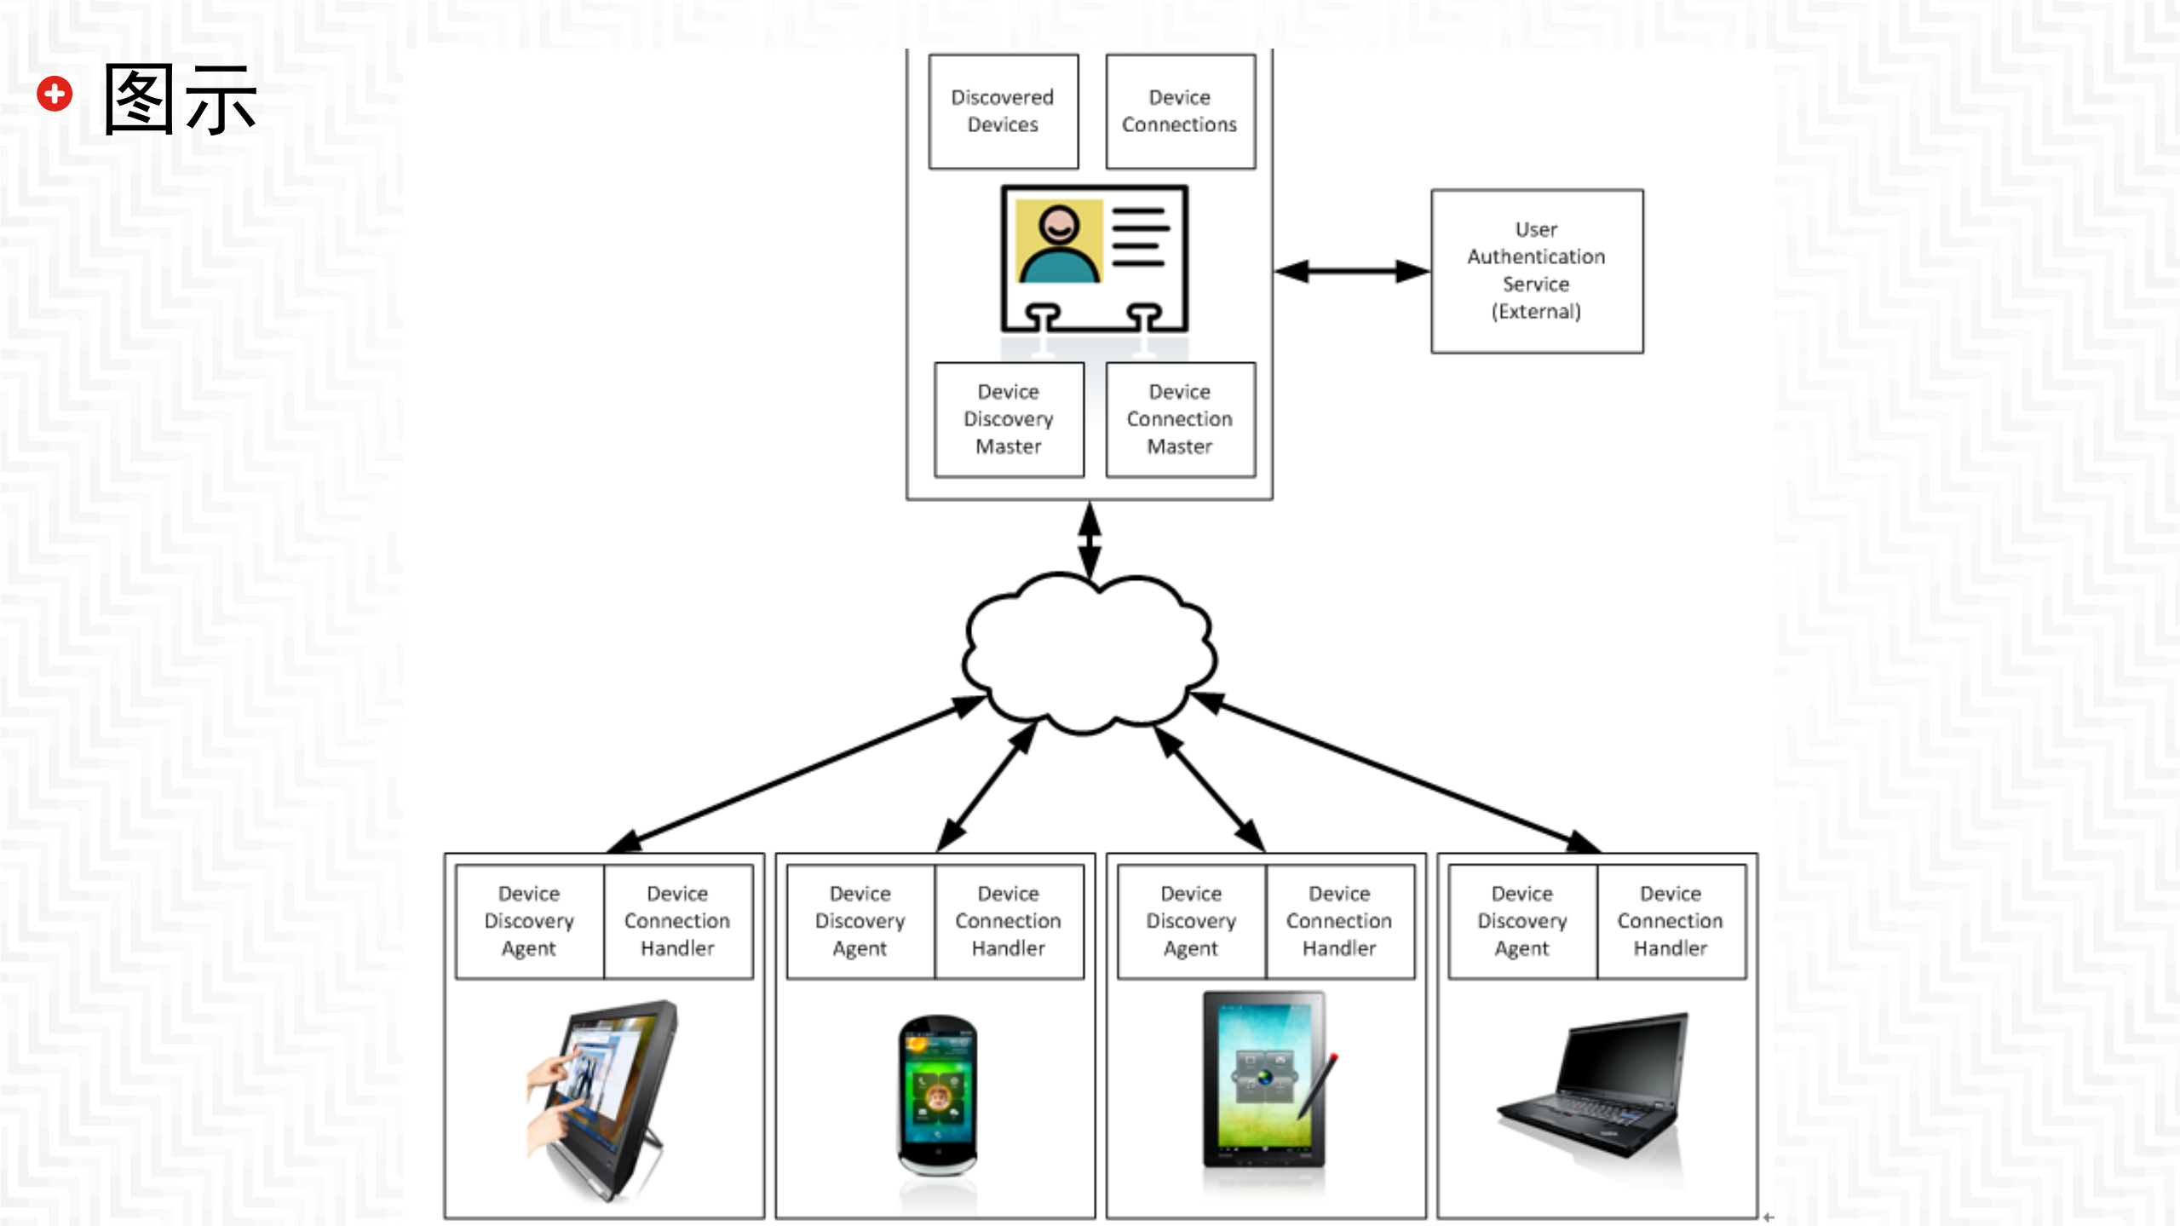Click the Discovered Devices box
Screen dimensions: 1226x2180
point(1003,112)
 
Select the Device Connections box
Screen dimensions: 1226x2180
point(1180,112)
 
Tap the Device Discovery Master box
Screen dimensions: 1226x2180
point(1009,419)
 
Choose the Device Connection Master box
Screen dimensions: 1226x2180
point(1180,419)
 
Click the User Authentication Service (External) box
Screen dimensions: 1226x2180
point(1536,271)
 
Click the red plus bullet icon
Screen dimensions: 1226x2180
point(55,94)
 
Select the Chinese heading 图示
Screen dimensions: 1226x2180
point(180,100)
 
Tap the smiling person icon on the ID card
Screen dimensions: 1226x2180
point(1059,243)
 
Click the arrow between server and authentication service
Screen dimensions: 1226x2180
point(1352,272)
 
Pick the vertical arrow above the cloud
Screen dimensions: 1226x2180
point(1090,539)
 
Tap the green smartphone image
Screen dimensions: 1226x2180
point(937,1095)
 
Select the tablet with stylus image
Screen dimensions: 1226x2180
point(1267,1082)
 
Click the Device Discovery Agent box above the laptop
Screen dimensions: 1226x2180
point(1521,921)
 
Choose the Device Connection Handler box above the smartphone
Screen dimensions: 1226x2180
point(1008,921)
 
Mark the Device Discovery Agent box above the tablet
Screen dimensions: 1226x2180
point(1190,921)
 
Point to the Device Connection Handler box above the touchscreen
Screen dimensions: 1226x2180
point(677,921)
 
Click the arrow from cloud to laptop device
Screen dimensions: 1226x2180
point(1397,773)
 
